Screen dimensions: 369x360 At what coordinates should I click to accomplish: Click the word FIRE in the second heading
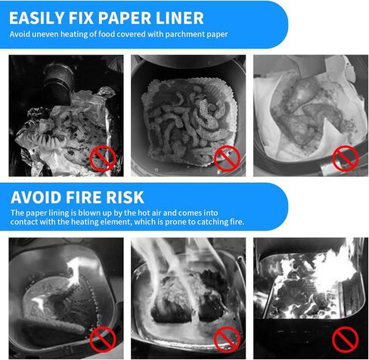pyautogui.click(x=84, y=197)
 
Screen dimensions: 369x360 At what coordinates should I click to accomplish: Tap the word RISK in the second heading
pyautogui.click(x=125, y=197)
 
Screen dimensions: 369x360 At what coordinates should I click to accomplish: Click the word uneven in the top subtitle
pyautogui.click(x=45, y=34)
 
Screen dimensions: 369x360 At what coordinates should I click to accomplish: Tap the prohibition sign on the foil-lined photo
pyautogui.click(x=103, y=158)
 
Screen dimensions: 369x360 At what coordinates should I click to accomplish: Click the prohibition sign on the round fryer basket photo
pyautogui.click(x=227, y=158)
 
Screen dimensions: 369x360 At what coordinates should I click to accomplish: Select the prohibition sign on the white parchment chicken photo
pyautogui.click(x=345, y=158)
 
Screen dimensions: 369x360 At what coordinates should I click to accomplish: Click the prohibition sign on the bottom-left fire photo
pyautogui.click(x=103, y=339)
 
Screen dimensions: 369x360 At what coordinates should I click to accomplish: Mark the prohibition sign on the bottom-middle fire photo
pyautogui.click(x=227, y=339)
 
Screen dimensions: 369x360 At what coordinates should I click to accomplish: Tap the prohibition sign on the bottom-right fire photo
pyautogui.click(x=345, y=339)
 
